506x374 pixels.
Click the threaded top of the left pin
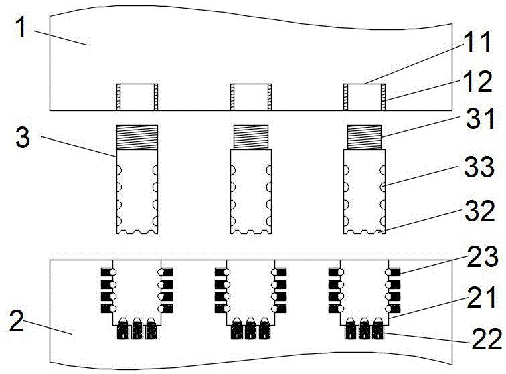click(137, 137)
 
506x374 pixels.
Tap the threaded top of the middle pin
click(251, 137)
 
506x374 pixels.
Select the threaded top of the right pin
click(364, 137)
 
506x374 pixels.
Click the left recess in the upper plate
click(137, 97)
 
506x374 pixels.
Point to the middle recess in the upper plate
click(251, 97)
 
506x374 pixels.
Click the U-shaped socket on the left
click(137, 288)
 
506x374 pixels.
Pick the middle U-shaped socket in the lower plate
click(251, 288)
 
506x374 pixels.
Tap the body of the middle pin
click(251, 191)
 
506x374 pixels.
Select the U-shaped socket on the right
click(364, 288)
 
